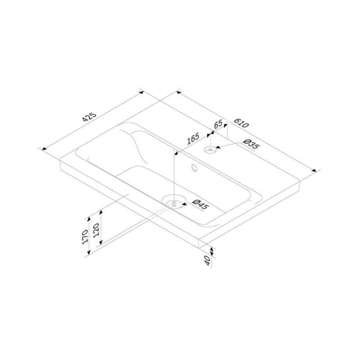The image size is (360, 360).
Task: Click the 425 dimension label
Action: point(90,117)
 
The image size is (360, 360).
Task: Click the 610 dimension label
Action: point(241,123)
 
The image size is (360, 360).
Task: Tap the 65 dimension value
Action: point(218,124)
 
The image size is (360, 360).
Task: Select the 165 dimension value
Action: point(193,139)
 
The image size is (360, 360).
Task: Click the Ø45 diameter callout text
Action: point(200,204)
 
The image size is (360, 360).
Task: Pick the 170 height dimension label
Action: point(85,237)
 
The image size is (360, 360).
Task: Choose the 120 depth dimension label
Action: point(96,230)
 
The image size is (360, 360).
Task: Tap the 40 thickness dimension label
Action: point(207,261)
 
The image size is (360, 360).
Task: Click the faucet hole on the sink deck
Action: point(210,150)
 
